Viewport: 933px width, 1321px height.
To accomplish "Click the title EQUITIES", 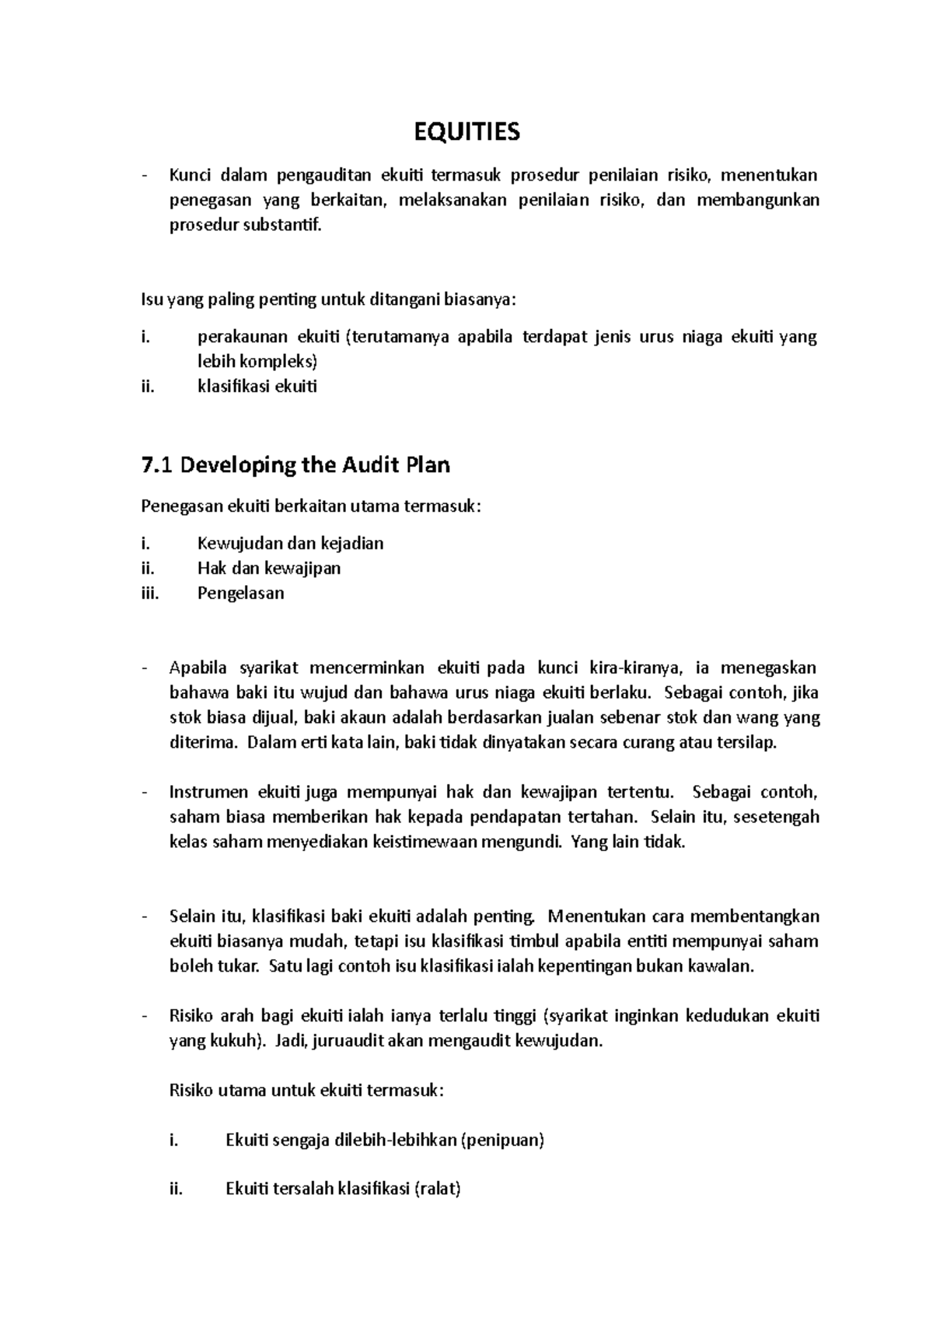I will tap(466, 132).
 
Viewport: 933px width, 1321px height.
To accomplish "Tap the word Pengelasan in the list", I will tap(240, 593).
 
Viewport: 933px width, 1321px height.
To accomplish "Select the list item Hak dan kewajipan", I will tap(269, 568).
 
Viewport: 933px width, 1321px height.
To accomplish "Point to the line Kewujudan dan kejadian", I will tap(290, 543).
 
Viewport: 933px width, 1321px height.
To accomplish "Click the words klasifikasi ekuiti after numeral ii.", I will tap(257, 387).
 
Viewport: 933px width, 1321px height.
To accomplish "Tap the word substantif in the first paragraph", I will tap(287, 226).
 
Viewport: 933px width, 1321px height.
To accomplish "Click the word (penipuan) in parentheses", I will tap(502, 1141).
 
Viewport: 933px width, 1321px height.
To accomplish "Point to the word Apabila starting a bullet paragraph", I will tap(198, 668).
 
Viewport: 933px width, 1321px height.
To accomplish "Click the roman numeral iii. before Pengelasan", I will tap(150, 593).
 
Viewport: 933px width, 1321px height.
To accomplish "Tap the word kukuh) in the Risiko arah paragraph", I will tap(239, 1041).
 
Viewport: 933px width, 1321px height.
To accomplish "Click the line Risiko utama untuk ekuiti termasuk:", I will tap(306, 1091).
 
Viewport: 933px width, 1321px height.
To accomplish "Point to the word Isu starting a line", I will tap(152, 300).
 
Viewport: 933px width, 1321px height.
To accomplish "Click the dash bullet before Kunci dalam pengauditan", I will tap(145, 176).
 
